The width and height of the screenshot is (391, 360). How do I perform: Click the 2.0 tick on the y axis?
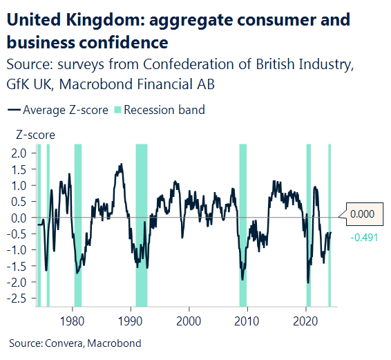click(x=19, y=153)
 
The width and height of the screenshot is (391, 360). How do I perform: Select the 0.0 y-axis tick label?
click(x=19, y=218)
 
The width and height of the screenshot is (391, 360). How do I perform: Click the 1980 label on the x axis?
click(x=73, y=321)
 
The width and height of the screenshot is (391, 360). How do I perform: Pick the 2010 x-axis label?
click(x=247, y=321)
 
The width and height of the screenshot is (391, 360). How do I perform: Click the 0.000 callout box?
click(x=363, y=215)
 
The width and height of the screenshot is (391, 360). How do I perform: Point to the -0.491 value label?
click(x=364, y=238)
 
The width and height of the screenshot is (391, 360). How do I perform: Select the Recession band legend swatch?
click(x=118, y=110)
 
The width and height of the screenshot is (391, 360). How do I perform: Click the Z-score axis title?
click(x=31, y=135)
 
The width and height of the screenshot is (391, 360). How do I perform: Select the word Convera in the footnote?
click(x=61, y=343)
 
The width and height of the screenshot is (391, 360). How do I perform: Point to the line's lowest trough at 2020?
click(x=308, y=282)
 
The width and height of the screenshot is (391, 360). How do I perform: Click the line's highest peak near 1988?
click(x=122, y=165)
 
